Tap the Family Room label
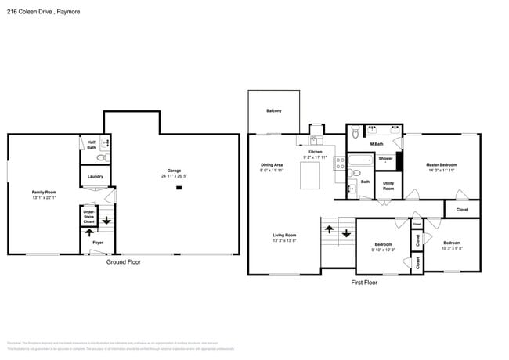click(44, 192)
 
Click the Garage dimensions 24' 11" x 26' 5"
click(174, 176)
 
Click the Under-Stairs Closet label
click(89, 216)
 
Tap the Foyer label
click(98, 243)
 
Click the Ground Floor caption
click(123, 262)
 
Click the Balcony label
click(273, 111)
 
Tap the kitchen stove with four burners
click(340, 163)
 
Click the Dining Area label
click(272, 164)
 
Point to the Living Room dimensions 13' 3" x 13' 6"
click(284, 240)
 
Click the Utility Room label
click(388, 187)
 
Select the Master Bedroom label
click(441, 164)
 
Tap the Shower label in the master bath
click(385, 159)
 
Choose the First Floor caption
click(363, 283)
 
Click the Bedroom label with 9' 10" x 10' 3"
click(383, 244)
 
